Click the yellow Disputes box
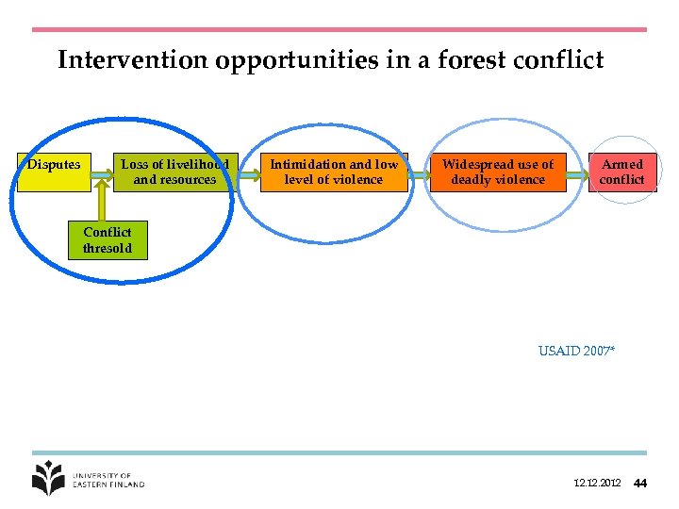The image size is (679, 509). click(x=53, y=172)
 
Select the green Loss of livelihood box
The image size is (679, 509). click(x=174, y=172)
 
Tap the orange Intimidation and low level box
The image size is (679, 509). click(x=334, y=172)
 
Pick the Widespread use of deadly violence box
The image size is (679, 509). click(x=498, y=172)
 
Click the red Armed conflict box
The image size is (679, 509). click(x=621, y=172)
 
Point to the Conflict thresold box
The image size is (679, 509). click(x=107, y=240)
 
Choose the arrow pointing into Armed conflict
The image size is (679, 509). click(x=577, y=172)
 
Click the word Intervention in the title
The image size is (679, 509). click(x=133, y=61)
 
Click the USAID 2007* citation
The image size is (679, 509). click(x=576, y=351)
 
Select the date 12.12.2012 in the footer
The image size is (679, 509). click(x=597, y=484)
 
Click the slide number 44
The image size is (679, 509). click(x=640, y=484)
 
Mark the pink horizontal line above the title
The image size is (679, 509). click(x=339, y=30)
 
